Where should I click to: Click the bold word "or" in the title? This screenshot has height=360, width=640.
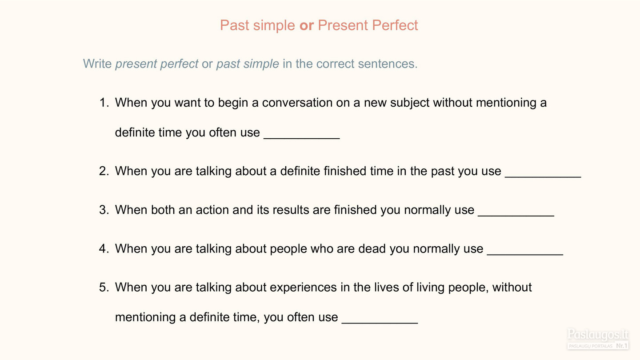(x=307, y=25)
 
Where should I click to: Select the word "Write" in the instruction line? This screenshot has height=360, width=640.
(x=97, y=64)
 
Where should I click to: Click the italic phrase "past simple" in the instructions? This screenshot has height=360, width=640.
(x=248, y=64)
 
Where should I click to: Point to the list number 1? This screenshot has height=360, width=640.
(x=104, y=102)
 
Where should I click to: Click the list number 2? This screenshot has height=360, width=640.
(x=104, y=171)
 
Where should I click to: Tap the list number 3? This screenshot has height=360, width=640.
(x=104, y=210)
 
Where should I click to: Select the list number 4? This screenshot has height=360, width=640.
(x=104, y=248)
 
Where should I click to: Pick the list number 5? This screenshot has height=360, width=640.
(x=104, y=287)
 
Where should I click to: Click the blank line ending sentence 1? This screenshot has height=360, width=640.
(x=302, y=139)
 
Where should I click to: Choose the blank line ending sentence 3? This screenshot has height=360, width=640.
(x=516, y=216)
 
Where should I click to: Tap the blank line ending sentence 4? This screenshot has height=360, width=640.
(x=525, y=255)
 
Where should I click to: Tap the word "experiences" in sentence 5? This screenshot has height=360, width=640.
(x=303, y=288)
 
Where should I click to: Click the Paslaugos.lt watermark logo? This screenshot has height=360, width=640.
(x=598, y=339)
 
